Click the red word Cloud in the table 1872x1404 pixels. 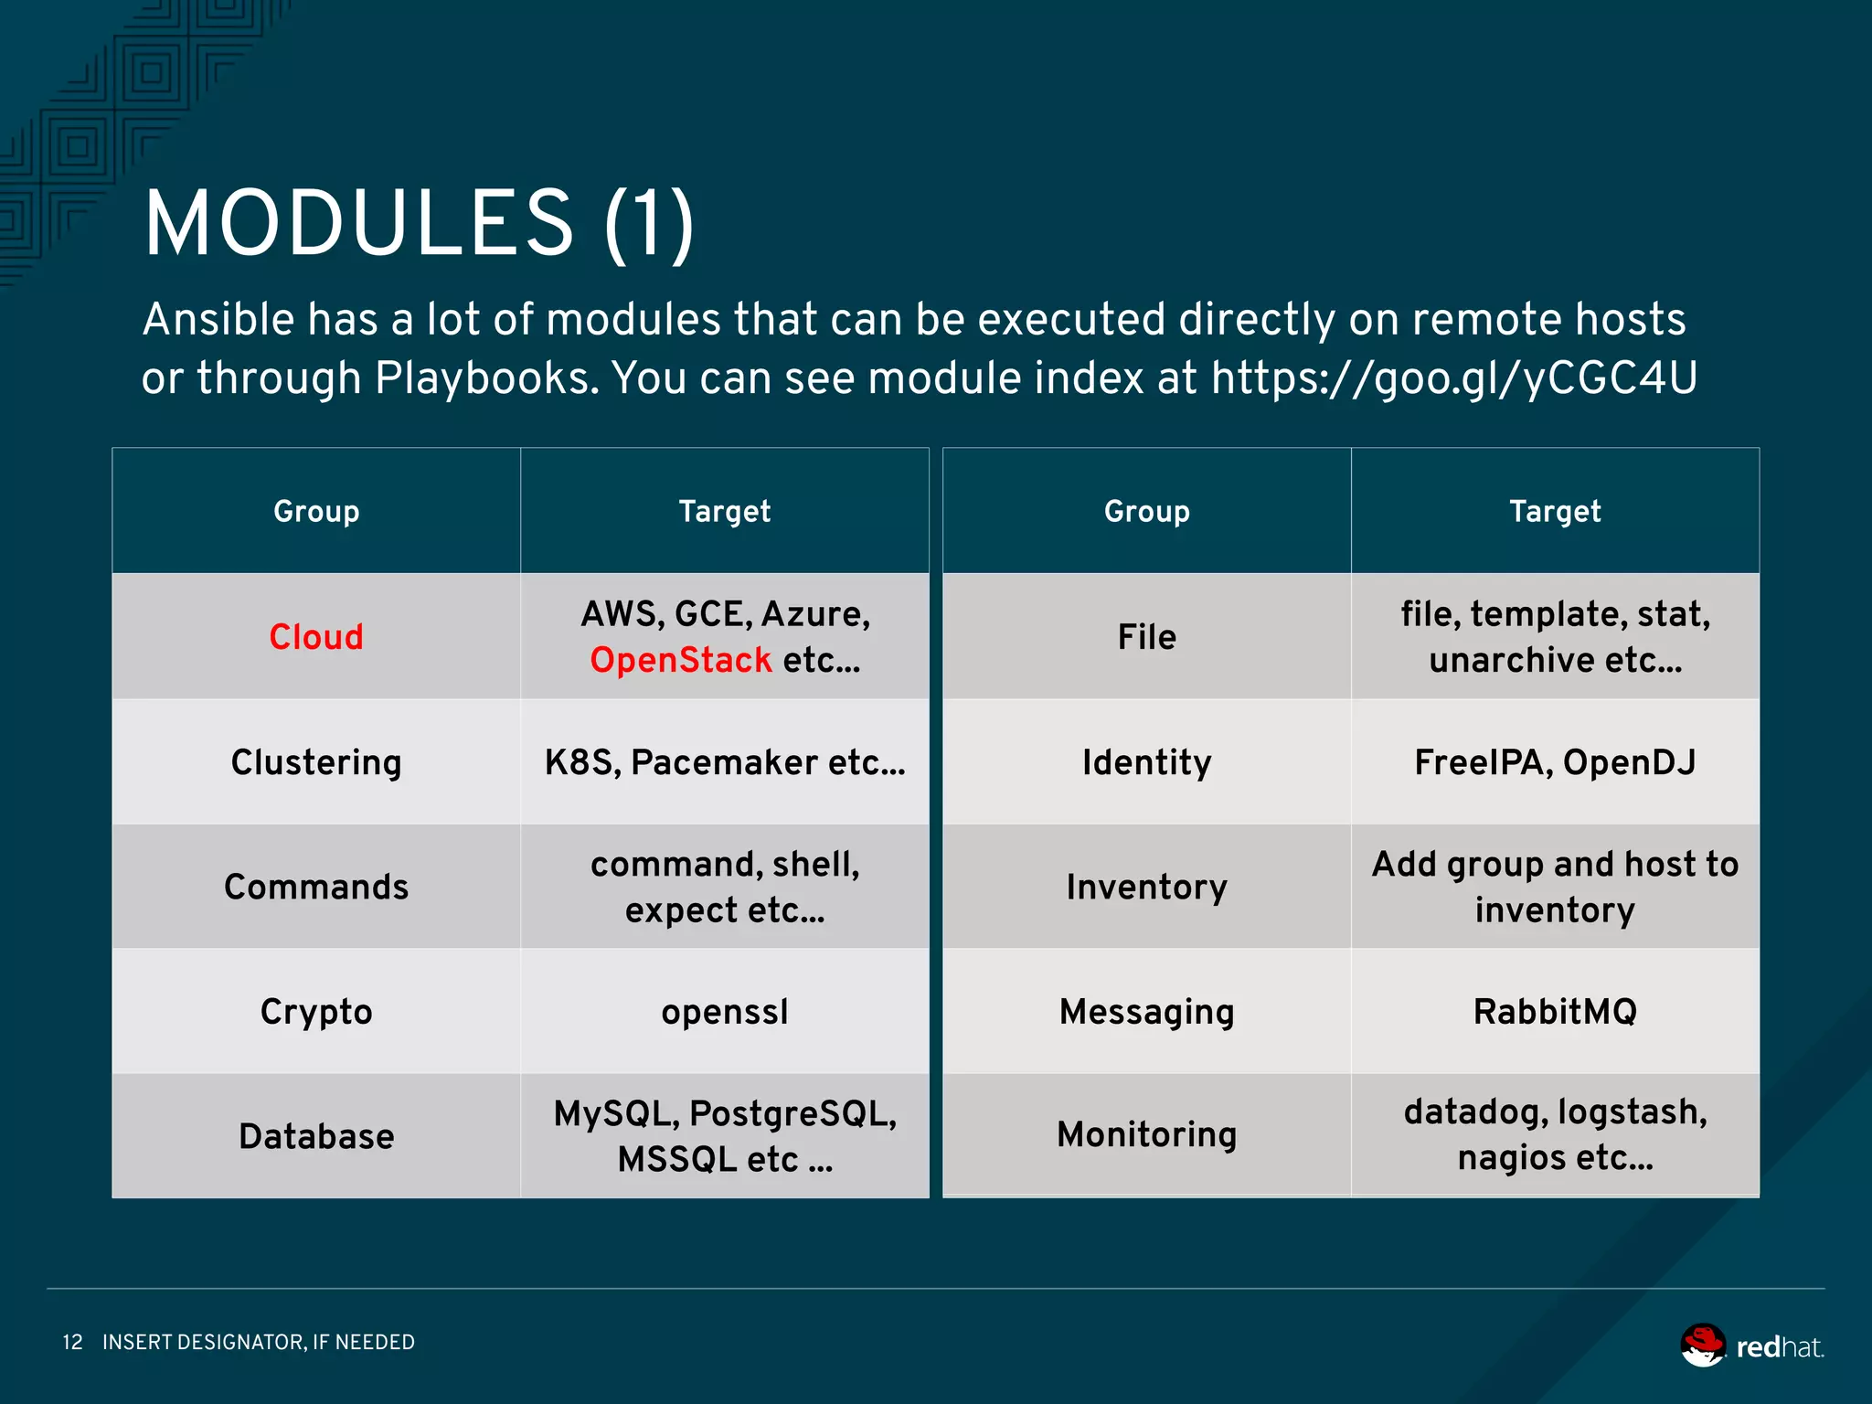coord(316,637)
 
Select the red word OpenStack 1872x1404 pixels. coord(680,660)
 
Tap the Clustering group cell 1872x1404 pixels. coord(316,762)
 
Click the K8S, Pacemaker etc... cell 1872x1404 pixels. coord(725,762)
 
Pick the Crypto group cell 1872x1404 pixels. coord(316,1012)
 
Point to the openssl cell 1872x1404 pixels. coord(725,1012)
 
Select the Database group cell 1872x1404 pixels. coord(316,1136)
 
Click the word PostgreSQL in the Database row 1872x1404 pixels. coord(792,1113)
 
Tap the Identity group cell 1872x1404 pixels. coord(1146,762)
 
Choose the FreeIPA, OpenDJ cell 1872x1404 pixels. coord(1555,762)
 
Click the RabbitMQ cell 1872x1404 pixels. coord(1555,1012)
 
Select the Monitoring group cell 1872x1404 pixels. coord(1146,1134)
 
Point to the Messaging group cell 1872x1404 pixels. coord(1146,1012)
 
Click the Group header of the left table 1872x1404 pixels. coord(316,511)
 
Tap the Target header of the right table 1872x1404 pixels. coord(1555,511)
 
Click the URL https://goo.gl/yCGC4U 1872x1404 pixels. coord(1453,378)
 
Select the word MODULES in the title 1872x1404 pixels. coord(358,224)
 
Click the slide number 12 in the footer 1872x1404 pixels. coord(72,1342)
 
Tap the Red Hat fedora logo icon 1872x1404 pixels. coord(1703,1345)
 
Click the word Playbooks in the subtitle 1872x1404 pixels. coord(485,378)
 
